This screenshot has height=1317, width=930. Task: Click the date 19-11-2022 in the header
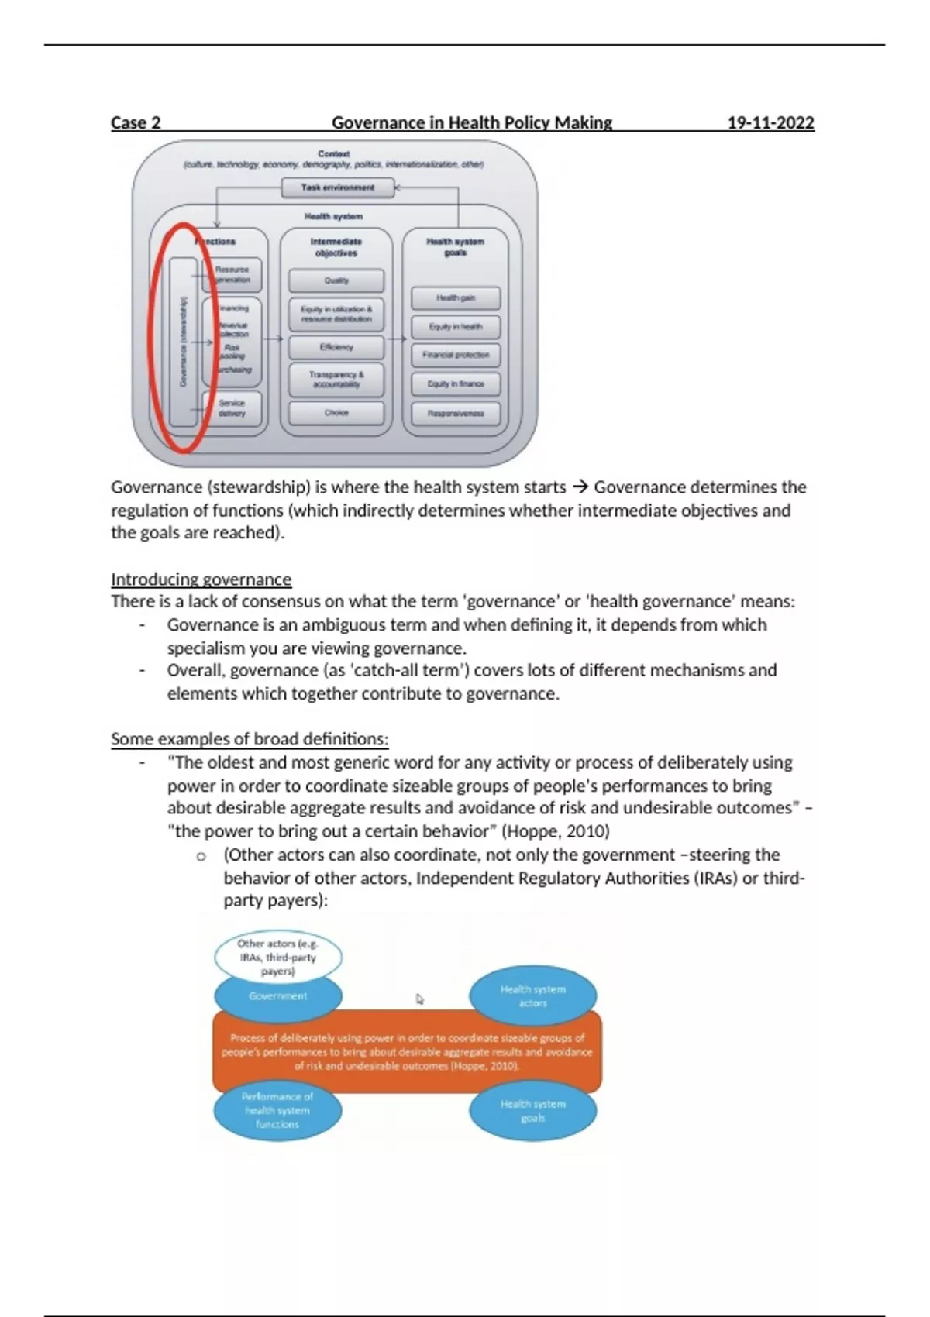[x=770, y=122]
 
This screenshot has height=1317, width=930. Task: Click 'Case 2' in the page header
[x=136, y=122]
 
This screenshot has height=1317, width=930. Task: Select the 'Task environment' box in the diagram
[x=337, y=187]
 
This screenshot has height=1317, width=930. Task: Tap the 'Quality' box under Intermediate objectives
[x=336, y=280]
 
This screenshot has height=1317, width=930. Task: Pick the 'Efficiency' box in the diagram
[x=336, y=347]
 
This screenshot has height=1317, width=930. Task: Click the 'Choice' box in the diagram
[x=336, y=413]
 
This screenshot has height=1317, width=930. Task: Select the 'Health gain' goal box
[x=456, y=298]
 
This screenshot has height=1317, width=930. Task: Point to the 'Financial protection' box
[x=456, y=355]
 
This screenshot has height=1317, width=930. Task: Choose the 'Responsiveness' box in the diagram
[x=456, y=413]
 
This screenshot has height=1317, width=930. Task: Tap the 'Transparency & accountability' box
[x=336, y=380]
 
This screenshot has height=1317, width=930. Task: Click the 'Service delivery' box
[x=232, y=408]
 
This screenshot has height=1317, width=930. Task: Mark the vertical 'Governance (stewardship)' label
[x=184, y=342]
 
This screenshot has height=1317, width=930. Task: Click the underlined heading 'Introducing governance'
[x=201, y=579]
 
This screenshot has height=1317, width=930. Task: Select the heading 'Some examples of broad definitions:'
[x=250, y=739]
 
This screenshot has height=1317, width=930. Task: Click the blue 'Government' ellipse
[x=277, y=996]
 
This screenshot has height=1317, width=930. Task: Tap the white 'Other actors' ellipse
[x=277, y=957]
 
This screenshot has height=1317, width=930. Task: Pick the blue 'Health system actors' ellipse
[x=533, y=995]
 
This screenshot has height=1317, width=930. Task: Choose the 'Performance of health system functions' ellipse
[x=277, y=1110]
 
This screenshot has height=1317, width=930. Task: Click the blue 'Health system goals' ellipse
[x=533, y=1110]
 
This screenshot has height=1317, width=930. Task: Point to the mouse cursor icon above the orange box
[x=420, y=999]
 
